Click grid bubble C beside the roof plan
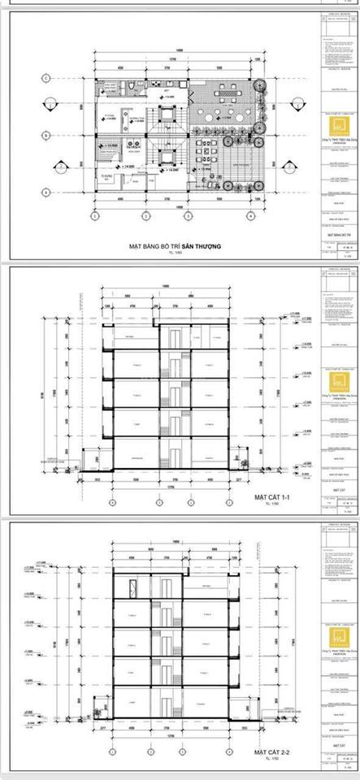click(x=48, y=78)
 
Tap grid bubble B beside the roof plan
click(x=48, y=134)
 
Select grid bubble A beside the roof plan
click(x=48, y=192)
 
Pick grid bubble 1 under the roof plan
click(x=95, y=218)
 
